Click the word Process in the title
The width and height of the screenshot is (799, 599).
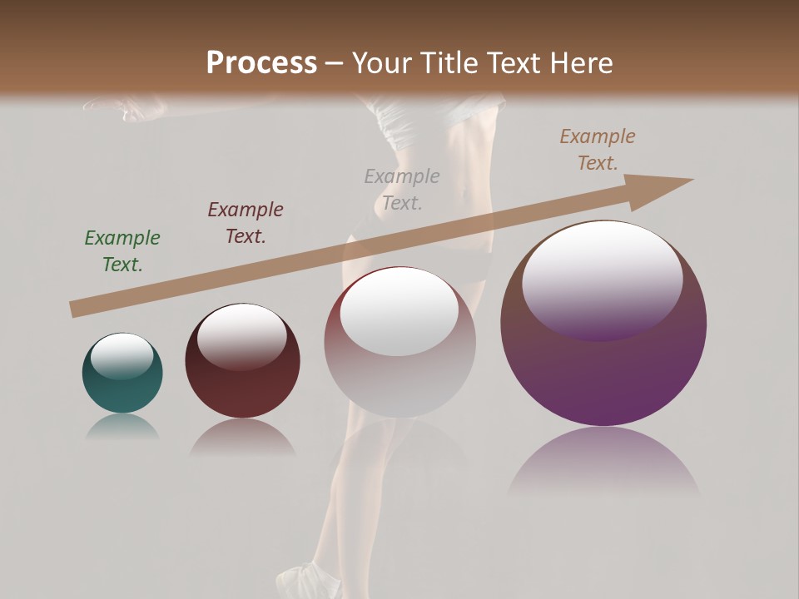(x=261, y=63)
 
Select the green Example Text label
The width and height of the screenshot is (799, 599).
(x=122, y=251)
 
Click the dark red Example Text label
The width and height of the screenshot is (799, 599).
(x=246, y=223)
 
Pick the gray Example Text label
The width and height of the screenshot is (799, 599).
(x=402, y=189)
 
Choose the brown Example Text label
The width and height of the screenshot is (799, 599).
(x=598, y=150)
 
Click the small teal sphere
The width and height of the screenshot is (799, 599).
(x=122, y=387)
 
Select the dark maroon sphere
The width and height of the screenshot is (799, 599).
(x=242, y=383)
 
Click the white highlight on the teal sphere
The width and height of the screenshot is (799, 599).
(x=122, y=356)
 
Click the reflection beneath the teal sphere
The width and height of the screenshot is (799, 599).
(x=122, y=428)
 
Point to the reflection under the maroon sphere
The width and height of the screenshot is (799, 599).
(x=242, y=439)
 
